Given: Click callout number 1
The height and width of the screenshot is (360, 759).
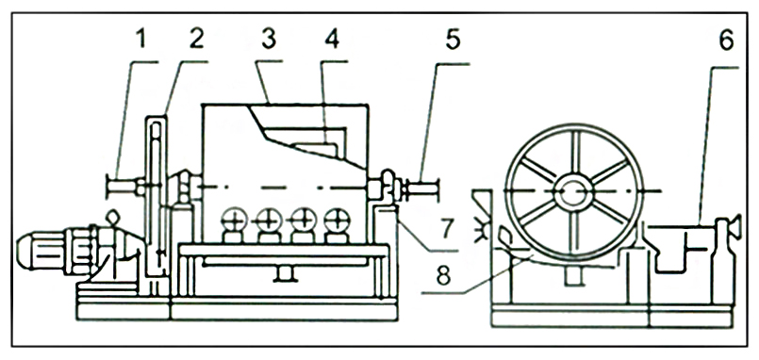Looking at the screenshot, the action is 140,40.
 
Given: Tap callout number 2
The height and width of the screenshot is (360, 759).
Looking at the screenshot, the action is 196,40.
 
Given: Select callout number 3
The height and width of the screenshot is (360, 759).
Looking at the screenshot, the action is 268,40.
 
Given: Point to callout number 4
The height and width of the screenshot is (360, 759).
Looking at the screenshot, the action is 332,40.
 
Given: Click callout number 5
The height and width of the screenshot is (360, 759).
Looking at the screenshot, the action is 453,41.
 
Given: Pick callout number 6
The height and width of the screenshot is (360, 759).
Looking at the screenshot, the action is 726,41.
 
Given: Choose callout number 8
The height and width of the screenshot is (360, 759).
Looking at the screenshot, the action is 443,275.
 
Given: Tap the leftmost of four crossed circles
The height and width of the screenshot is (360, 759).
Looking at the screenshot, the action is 234,221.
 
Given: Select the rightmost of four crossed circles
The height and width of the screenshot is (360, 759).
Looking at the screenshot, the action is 337,221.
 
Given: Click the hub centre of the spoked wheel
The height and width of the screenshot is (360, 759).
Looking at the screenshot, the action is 573,191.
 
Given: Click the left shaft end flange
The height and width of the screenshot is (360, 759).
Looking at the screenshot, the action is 107,187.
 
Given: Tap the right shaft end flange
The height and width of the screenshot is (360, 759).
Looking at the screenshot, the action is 437,188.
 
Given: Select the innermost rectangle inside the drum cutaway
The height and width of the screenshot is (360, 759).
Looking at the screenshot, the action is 317,150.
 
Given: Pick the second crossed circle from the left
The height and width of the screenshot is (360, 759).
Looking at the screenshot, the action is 269,221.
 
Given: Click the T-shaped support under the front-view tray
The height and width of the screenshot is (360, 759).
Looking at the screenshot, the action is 285,272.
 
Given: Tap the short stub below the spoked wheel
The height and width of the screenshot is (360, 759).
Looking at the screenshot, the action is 573,276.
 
